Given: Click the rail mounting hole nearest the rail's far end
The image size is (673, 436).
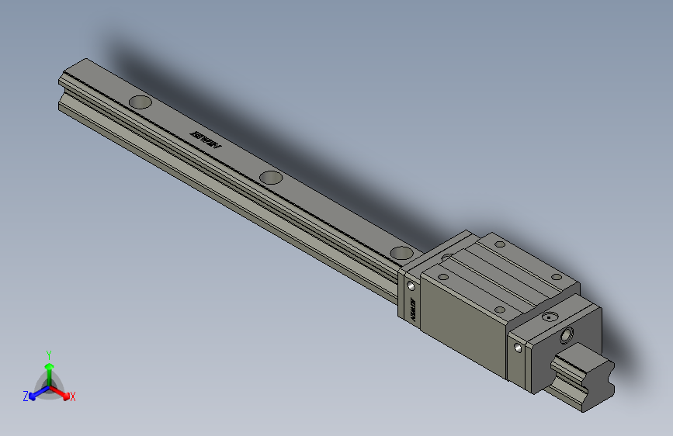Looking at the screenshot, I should point(140,102).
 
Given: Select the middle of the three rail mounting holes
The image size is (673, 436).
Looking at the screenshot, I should point(271,177).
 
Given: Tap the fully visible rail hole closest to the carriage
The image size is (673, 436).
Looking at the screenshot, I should point(401,252).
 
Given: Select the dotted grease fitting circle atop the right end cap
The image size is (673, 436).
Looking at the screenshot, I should point(550,317).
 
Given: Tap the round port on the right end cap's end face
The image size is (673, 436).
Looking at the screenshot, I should point(567,336).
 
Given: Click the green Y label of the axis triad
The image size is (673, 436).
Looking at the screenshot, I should point(49,353).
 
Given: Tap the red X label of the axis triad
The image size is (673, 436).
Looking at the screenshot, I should point(73,396).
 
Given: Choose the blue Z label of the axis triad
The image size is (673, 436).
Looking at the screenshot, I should point(26,396).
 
